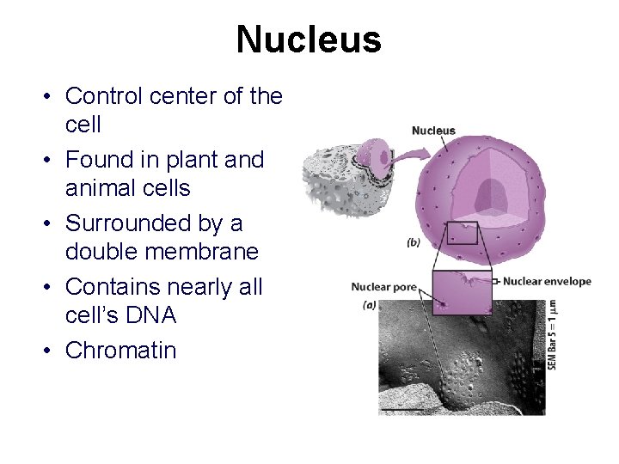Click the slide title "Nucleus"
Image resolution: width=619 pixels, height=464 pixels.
pos(309,40)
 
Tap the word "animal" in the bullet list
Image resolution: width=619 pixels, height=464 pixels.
pos(102,188)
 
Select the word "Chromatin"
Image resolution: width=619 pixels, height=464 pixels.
pos(120,351)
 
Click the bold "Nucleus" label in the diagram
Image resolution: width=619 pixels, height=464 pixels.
pos(433,131)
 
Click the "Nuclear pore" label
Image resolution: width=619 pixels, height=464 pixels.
pos(383,286)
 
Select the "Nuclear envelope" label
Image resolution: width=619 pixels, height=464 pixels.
pos(547,281)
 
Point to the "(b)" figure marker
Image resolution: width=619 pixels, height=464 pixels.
pos(414,243)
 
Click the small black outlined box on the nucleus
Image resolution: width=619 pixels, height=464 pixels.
pos(463,233)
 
